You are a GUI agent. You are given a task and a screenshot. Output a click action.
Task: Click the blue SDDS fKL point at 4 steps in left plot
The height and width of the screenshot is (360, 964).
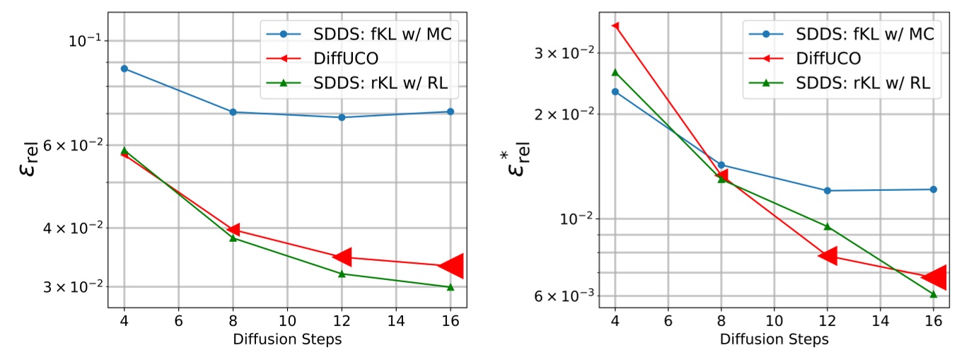(124, 69)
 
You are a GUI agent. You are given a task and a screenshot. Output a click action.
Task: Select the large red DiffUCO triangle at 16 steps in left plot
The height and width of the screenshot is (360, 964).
(451, 265)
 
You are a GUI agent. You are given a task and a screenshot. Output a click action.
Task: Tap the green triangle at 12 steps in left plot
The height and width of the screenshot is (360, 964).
(342, 274)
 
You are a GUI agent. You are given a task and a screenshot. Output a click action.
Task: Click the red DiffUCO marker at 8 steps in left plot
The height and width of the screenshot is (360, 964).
(233, 229)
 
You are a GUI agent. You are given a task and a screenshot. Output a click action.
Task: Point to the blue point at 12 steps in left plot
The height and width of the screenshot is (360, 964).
(342, 117)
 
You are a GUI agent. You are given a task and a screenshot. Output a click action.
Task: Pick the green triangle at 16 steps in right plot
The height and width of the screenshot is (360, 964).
(934, 294)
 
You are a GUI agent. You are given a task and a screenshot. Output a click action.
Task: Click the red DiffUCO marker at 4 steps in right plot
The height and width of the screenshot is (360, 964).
(615, 26)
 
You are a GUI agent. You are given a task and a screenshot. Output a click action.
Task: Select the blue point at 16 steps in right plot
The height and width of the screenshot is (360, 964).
(934, 190)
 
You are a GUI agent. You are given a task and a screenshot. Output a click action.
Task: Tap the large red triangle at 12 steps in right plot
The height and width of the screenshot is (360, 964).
(827, 255)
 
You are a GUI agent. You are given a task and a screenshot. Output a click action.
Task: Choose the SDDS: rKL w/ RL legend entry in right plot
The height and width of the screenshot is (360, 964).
(863, 82)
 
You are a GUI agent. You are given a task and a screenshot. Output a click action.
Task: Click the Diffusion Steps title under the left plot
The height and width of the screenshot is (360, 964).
(287, 339)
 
